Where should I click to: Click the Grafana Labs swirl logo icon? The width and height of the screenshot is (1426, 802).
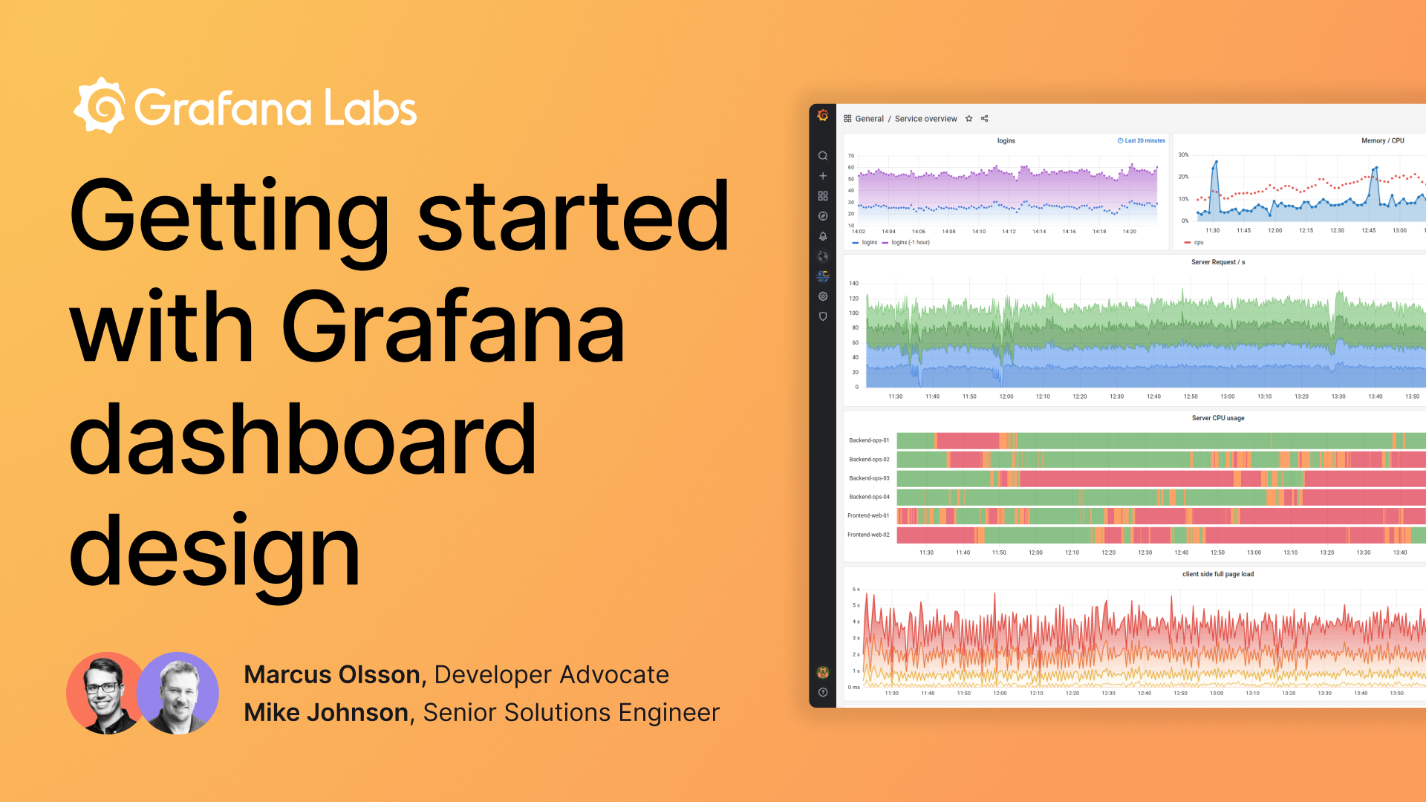(100, 105)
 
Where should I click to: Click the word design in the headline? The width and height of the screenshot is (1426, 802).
(215, 552)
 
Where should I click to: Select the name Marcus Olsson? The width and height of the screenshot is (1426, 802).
(332, 674)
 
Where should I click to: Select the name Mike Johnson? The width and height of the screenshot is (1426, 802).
(326, 712)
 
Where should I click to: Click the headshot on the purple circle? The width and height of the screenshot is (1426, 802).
(179, 693)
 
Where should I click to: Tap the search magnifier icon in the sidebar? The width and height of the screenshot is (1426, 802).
(823, 156)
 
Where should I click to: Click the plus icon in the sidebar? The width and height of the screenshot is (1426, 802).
(823, 176)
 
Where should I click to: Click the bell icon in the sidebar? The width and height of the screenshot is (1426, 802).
(823, 236)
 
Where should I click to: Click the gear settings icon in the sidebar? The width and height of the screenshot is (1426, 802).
(823, 296)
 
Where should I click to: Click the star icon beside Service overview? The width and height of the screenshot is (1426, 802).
(968, 119)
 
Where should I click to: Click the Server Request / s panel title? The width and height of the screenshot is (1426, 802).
(1218, 262)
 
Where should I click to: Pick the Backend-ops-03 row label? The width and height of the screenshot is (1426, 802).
(869, 478)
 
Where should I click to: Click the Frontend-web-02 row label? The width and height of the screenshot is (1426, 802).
(868, 535)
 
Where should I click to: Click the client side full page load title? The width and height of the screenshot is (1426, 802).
(1218, 574)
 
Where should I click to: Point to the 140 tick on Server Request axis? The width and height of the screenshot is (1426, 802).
(854, 283)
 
